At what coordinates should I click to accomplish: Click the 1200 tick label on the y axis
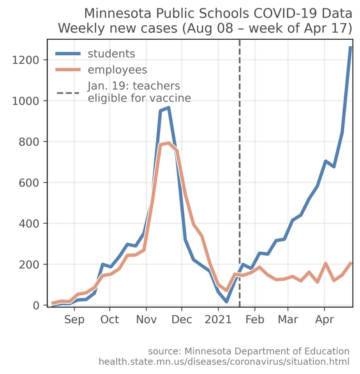25,60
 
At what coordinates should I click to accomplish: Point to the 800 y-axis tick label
29,142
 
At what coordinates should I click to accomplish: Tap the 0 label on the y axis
36,305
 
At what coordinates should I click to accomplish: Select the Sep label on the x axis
74,319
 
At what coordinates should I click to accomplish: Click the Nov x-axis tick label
146,319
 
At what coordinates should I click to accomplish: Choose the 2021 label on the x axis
218,319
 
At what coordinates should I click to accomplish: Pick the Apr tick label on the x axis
325,320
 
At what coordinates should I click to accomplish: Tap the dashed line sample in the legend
68,93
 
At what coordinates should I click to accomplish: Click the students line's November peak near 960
169,108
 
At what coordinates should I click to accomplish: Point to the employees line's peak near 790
169,143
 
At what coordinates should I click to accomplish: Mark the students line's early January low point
226,302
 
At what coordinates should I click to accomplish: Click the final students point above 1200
351,47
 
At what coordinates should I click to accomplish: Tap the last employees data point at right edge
351,263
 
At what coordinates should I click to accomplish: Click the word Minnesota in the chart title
118,13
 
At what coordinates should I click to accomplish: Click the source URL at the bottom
224,362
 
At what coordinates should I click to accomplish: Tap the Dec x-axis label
182,319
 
